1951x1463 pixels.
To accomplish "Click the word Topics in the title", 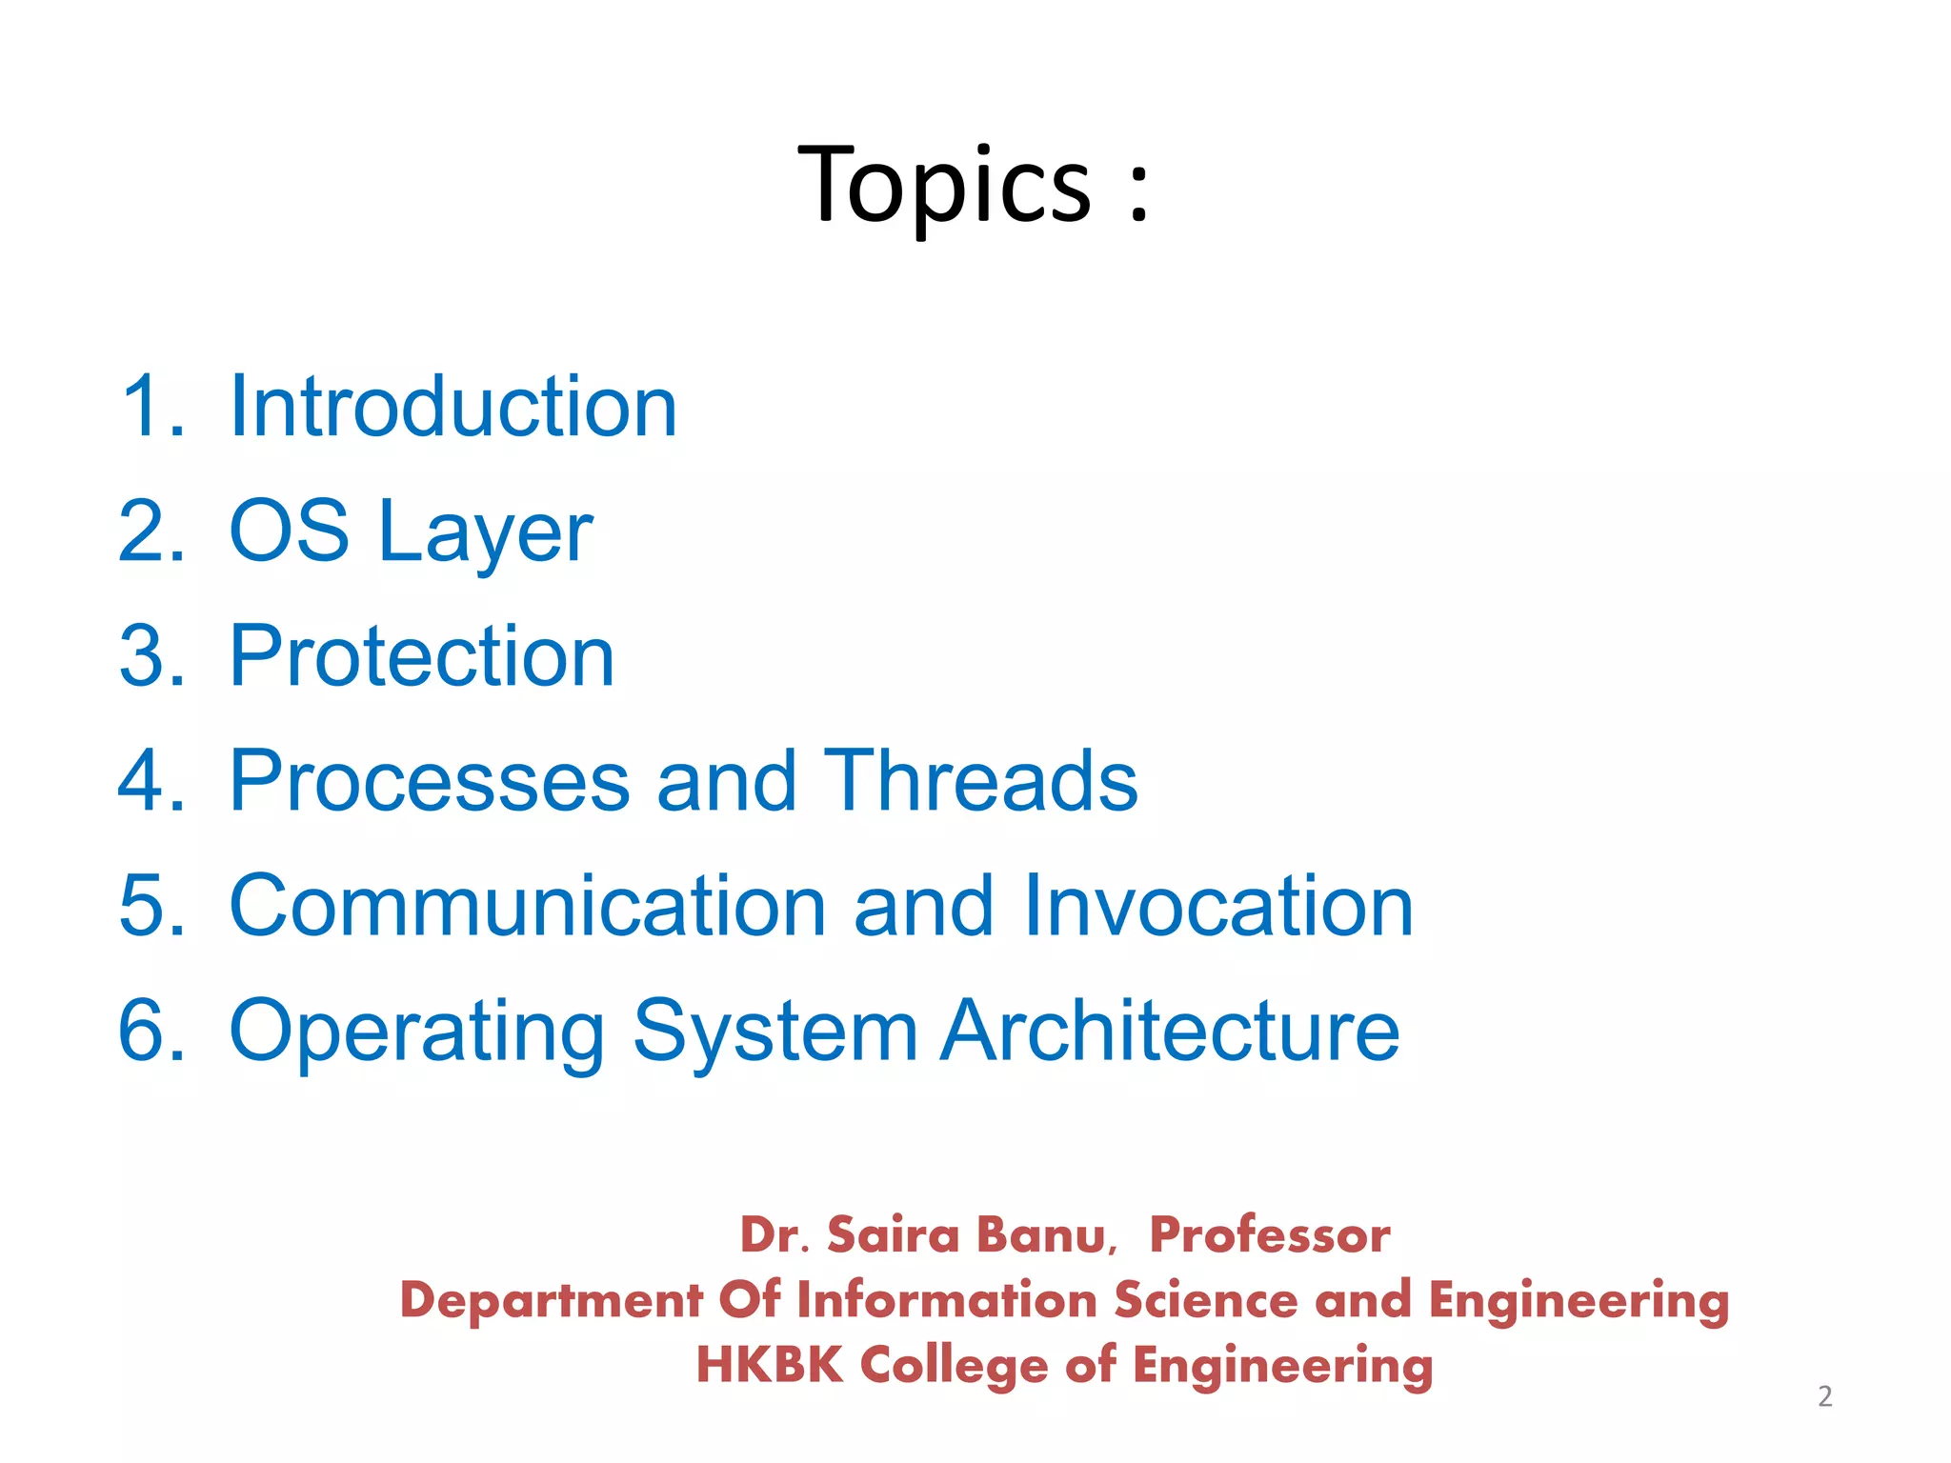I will pos(943,186).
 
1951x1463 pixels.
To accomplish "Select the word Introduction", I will pos(453,407).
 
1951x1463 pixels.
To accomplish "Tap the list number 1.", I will pos(150,407).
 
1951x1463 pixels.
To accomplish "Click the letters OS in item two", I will pos(290,531).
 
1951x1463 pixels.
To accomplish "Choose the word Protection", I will pos(422,656).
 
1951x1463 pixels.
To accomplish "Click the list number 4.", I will pos(150,781).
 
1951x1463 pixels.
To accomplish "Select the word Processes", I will pos(430,781).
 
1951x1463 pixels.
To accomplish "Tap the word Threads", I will pos(980,781).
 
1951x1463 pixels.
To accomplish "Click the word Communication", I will pos(528,906).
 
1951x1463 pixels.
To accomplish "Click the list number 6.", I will pos(150,1031).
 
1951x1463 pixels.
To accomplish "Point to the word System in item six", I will pos(774,1033).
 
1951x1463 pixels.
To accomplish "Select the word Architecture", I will pos(1170,1031).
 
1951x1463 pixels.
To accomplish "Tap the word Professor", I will pos(1270,1235).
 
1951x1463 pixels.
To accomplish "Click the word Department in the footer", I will pos(551,1301).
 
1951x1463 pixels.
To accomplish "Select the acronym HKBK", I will pos(770,1365).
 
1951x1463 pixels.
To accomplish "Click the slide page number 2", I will pos(1824,1396).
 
